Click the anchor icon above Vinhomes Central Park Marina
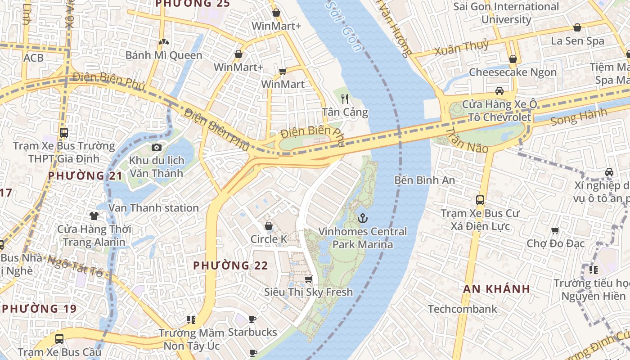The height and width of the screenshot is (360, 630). coord(362,218)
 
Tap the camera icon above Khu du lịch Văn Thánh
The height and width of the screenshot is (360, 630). coord(157,147)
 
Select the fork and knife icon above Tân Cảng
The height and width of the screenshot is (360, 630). coord(345,99)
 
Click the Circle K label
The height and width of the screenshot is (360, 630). coord(269,239)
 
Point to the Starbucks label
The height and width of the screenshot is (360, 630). coord(252,333)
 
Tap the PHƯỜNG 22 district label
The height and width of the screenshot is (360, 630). coord(230,266)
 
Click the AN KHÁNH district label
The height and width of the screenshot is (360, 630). coord(497,289)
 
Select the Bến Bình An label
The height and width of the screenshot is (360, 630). coord(424,180)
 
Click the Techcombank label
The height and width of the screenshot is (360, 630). coord(463,309)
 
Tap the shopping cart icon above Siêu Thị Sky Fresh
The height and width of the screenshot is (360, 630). coord(308,279)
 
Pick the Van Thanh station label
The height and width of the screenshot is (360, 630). coord(153,208)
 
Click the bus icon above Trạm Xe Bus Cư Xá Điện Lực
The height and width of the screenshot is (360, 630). coord(480,200)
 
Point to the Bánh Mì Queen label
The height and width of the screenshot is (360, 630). coord(164,55)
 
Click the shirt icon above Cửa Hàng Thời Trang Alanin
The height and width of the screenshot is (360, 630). coord(94,216)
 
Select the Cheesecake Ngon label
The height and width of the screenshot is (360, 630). coord(513,72)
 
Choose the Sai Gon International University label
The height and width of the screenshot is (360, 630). coord(506,13)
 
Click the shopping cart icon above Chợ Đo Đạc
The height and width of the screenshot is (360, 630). coord(555,231)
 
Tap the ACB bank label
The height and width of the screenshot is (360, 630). coord(34,58)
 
